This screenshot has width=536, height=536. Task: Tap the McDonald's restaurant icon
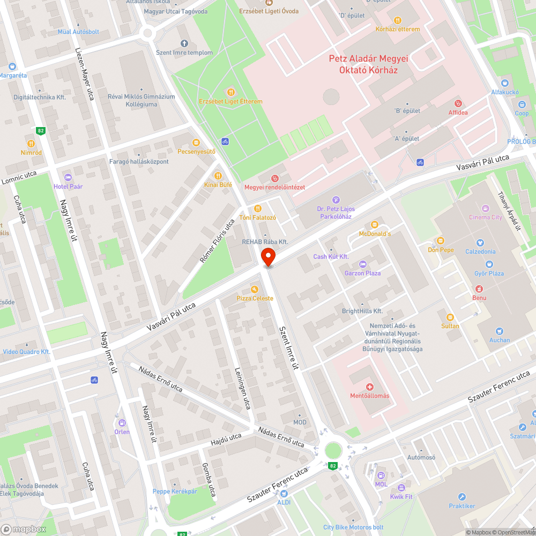click(x=375, y=224)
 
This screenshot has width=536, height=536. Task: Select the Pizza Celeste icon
click(x=255, y=289)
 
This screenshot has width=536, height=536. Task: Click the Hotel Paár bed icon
click(x=68, y=177)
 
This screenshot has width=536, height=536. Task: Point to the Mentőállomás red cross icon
click(x=369, y=386)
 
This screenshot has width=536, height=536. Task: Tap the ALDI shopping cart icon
click(x=284, y=493)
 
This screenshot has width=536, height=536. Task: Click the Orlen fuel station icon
click(x=122, y=422)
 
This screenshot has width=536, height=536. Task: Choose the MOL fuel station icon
click(x=381, y=475)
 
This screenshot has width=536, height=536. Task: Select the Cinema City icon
click(x=486, y=208)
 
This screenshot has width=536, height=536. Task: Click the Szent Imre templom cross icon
click(x=184, y=43)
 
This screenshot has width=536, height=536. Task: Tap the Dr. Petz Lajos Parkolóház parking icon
click(x=336, y=200)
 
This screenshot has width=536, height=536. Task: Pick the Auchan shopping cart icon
click(x=500, y=331)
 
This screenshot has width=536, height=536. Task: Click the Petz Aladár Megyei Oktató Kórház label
click(x=368, y=64)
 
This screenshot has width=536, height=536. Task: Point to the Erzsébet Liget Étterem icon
click(x=231, y=92)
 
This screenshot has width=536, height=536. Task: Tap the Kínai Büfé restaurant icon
click(x=218, y=175)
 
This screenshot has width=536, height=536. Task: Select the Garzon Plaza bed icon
click(x=362, y=264)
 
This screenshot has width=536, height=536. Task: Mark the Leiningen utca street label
click(x=242, y=388)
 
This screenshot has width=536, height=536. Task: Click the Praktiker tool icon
click(x=461, y=497)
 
